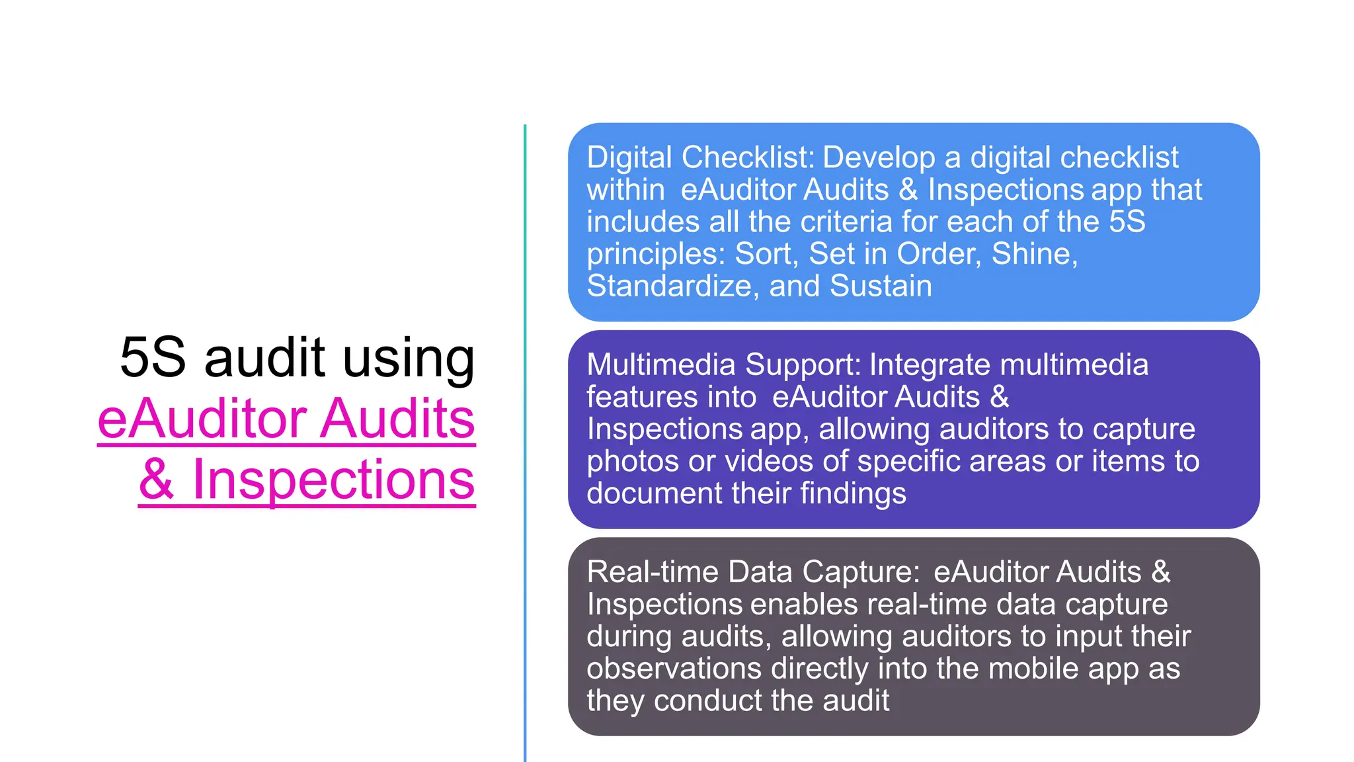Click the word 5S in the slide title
[x=153, y=357]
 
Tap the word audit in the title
[x=264, y=357]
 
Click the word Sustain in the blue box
[x=881, y=286]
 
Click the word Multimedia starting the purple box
[x=661, y=364]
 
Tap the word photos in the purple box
[x=632, y=461]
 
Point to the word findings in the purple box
[x=853, y=493]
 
